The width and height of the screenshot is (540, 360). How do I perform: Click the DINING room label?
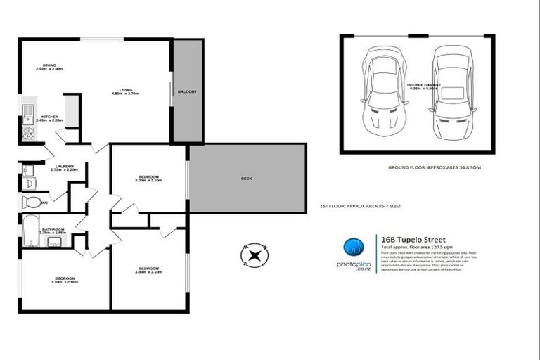click(49, 67)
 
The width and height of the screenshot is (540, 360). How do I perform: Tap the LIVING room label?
click(126, 91)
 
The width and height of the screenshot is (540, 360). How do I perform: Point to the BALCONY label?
click(187, 92)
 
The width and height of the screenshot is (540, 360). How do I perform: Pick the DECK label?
click(247, 179)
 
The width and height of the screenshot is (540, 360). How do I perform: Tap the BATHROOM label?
click(53, 230)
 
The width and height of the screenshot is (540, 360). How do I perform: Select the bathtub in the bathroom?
click(32, 231)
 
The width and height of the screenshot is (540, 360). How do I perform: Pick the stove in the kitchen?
click(28, 132)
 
